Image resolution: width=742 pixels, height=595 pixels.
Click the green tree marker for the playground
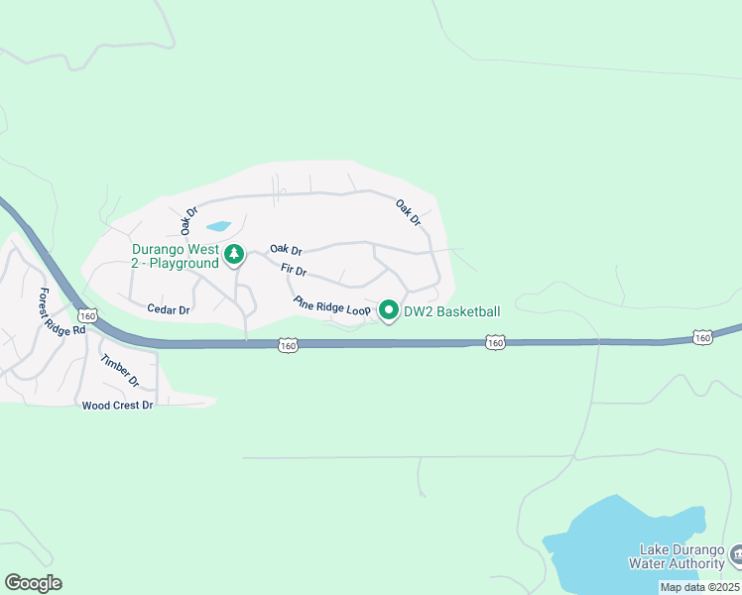(234, 255)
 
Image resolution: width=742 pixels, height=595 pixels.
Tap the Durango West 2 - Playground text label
(175, 256)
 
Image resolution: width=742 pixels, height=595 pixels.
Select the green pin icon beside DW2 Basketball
(389, 311)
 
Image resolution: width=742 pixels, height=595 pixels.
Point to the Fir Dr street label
(294, 270)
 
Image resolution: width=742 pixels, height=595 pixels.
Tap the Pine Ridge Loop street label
(331, 306)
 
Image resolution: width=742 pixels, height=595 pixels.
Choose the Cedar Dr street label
(168, 309)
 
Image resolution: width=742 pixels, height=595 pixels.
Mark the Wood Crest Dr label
(118, 405)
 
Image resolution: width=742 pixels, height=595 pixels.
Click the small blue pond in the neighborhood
(218, 227)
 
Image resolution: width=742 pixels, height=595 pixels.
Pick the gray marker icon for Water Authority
(736, 552)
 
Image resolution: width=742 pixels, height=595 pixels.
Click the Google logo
(34, 583)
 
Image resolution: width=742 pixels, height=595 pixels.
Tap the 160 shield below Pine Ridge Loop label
(288, 345)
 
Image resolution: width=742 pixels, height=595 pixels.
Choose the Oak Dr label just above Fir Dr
(286, 251)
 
